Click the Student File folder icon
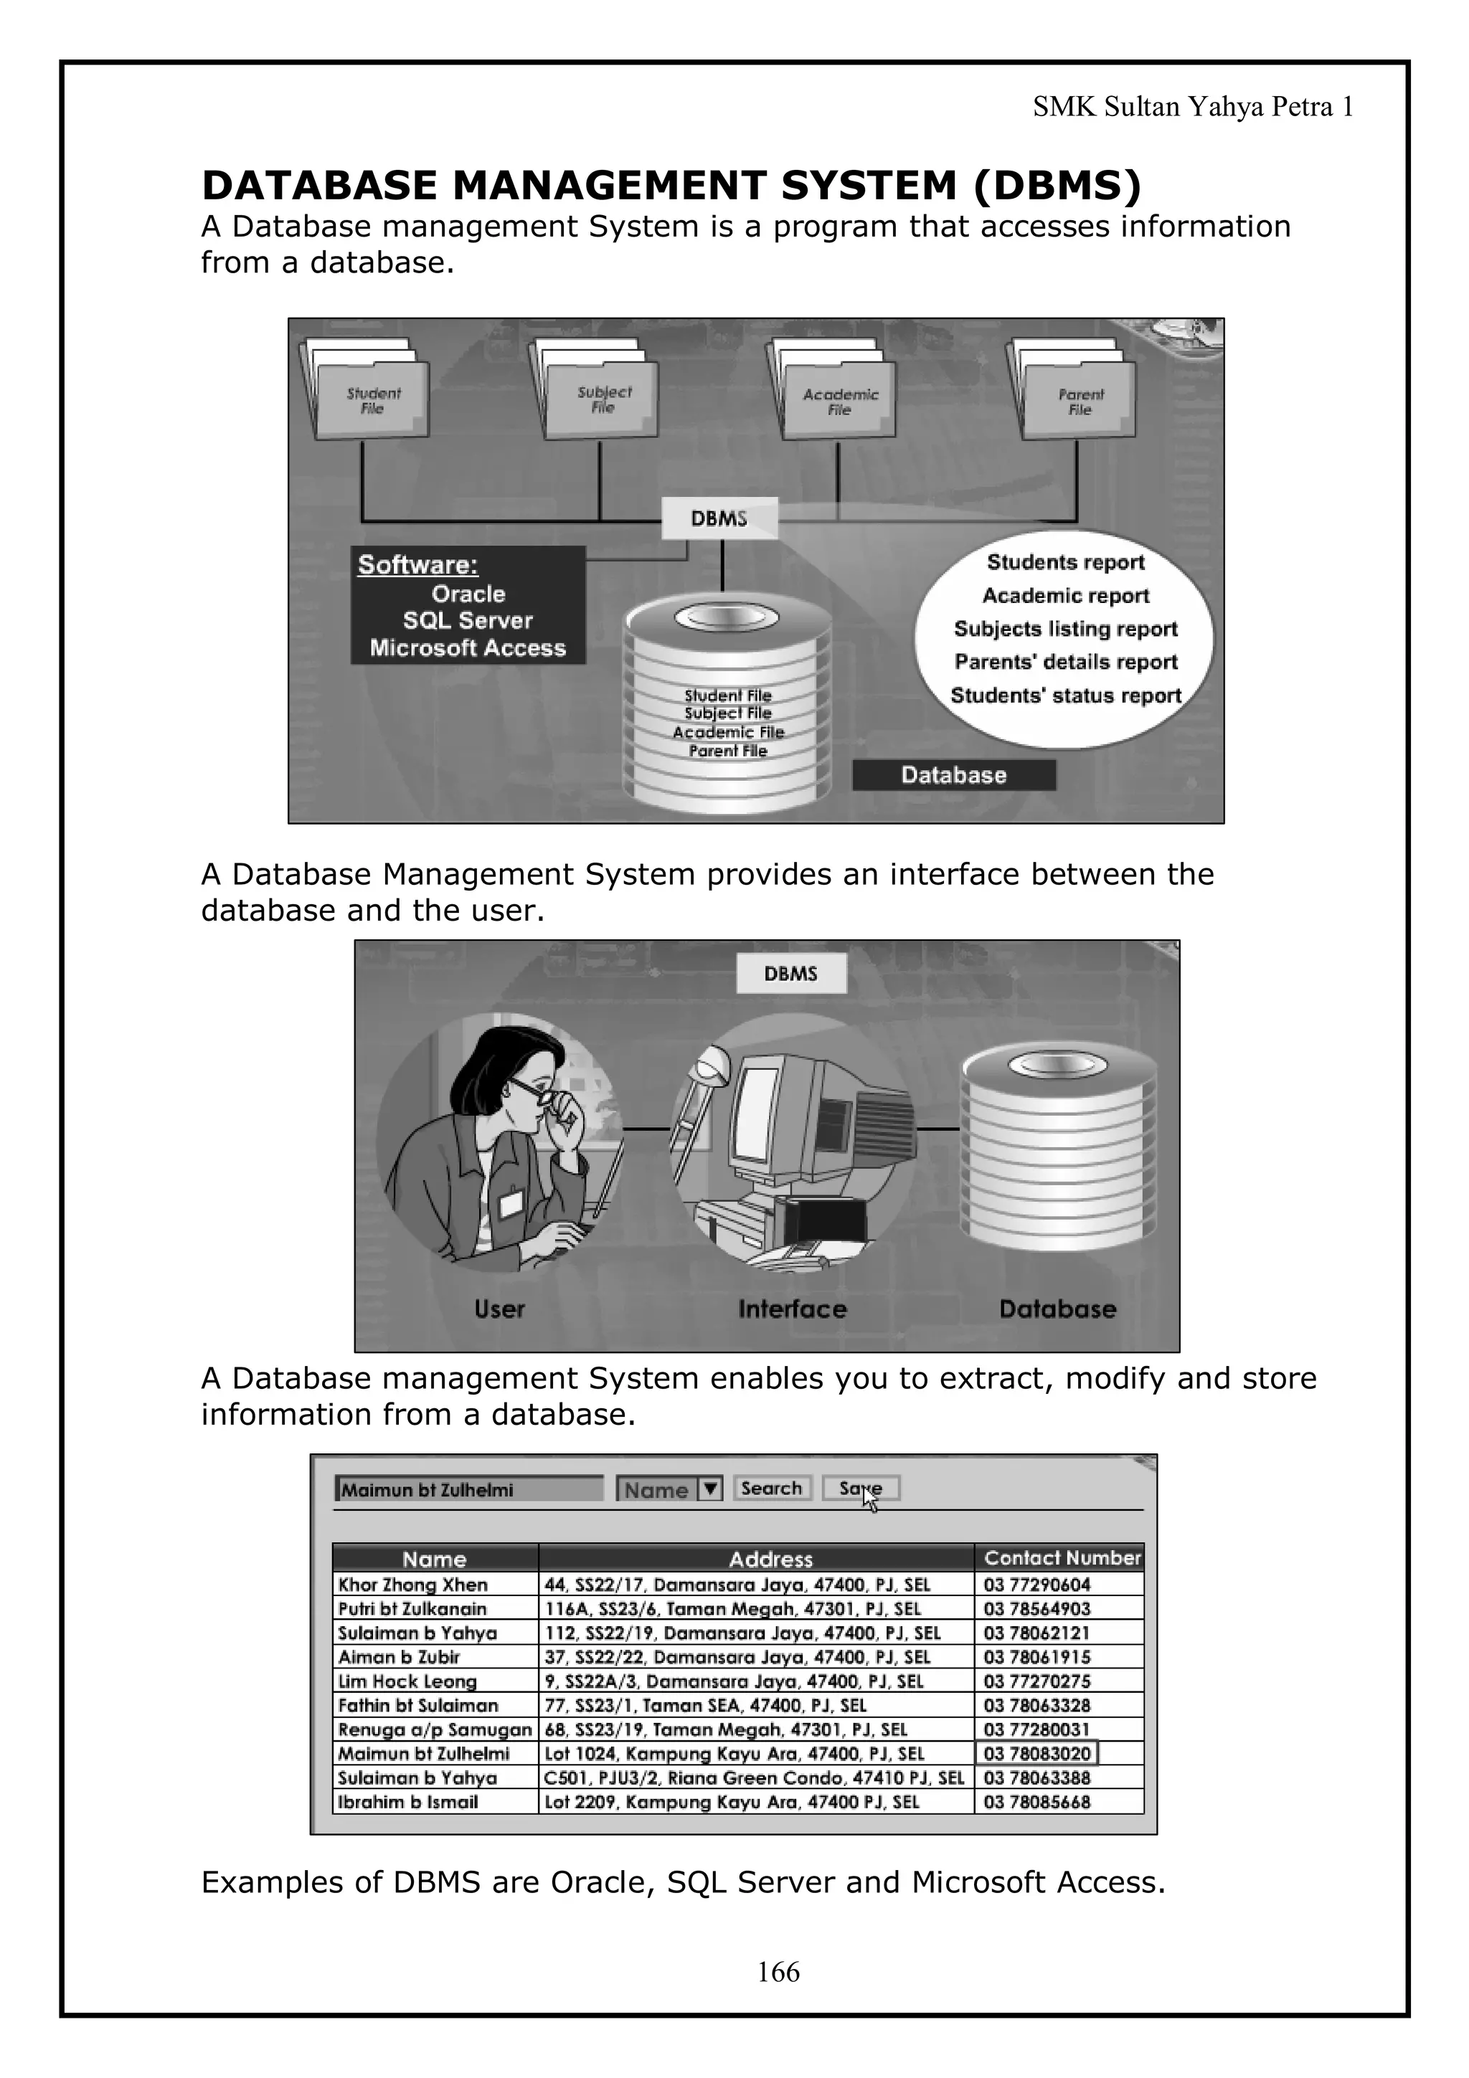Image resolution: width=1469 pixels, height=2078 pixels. (371, 400)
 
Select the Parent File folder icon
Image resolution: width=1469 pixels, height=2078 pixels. (1078, 401)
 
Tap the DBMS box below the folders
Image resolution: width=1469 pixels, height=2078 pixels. (719, 518)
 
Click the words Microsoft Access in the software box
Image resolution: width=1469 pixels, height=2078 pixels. (467, 648)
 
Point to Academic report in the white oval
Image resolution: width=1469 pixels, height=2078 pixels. (1065, 596)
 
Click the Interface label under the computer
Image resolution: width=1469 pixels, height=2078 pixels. (792, 1309)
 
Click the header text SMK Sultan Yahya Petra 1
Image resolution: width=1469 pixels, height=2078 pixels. (1193, 108)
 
